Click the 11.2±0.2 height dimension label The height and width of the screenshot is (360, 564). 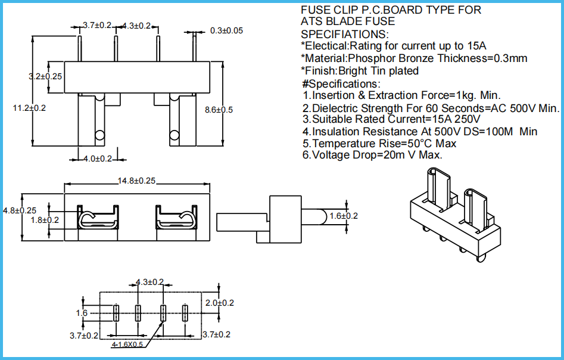point(29,108)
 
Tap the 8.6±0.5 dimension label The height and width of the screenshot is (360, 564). point(219,110)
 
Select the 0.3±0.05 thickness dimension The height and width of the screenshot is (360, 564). point(226,30)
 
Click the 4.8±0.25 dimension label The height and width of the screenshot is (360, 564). point(20,210)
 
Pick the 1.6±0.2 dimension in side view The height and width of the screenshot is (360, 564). point(344,216)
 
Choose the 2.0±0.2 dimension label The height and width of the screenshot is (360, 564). point(220,303)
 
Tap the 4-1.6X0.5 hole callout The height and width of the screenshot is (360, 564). point(127,345)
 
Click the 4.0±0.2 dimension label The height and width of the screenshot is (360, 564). point(97,159)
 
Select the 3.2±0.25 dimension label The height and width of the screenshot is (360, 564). point(46,76)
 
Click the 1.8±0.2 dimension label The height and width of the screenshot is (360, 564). point(45,220)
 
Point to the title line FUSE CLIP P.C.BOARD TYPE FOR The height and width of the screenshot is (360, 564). point(391,10)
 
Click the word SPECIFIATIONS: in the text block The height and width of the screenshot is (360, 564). point(345,34)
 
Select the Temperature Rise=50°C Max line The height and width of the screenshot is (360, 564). point(379,144)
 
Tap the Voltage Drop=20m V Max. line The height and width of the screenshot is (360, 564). point(372,155)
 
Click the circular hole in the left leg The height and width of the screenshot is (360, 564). point(99,135)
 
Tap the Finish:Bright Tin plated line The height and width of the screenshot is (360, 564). point(360,71)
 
